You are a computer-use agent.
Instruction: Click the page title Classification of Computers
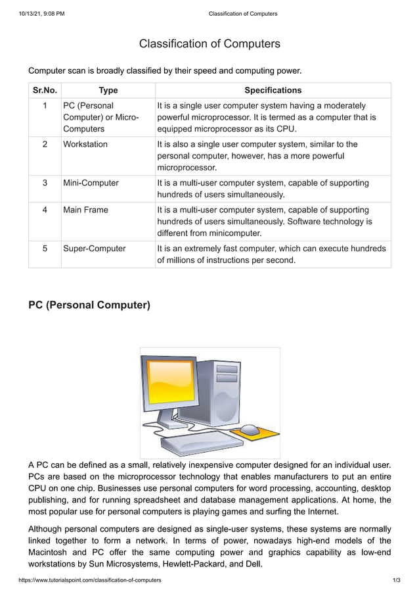[x=209, y=44]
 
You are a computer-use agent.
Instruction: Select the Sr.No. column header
[x=45, y=90]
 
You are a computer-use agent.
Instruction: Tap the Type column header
[x=108, y=90]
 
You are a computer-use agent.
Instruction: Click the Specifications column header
[x=273, y=90]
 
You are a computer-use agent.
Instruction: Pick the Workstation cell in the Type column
[x=85, y=144]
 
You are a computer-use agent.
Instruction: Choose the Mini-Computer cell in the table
[x=91, y=182]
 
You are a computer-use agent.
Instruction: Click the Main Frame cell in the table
[x=85, y=210]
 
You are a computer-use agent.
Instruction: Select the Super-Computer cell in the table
[x=94, y=249]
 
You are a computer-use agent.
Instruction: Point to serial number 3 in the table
[x=45, y=182]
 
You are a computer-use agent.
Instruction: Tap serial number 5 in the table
[x=45, y=249]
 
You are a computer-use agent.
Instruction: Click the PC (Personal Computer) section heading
[x=89, y=305]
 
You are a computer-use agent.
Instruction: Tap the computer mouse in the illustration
[x=250, y=430]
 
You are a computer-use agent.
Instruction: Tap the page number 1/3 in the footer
[x=395, y=581]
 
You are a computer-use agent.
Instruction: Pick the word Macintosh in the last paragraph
[x=53, y=552]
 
